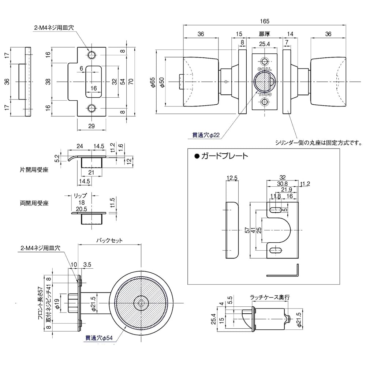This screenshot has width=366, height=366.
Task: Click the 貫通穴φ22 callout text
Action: point(206,135)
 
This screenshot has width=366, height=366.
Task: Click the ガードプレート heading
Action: point(221,156)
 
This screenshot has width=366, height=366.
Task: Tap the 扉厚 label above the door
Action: point(265,34)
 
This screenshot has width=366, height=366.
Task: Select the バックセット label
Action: point(109,241)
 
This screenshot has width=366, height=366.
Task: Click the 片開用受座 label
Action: point(34,170)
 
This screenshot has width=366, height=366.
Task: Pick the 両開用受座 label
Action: point(34,203)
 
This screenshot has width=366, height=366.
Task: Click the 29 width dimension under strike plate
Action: point(92,126)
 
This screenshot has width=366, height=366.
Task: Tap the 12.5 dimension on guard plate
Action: point(232,178)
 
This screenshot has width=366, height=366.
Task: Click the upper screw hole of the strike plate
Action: point(91,55)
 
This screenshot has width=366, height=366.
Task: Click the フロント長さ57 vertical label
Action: point(41,303)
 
